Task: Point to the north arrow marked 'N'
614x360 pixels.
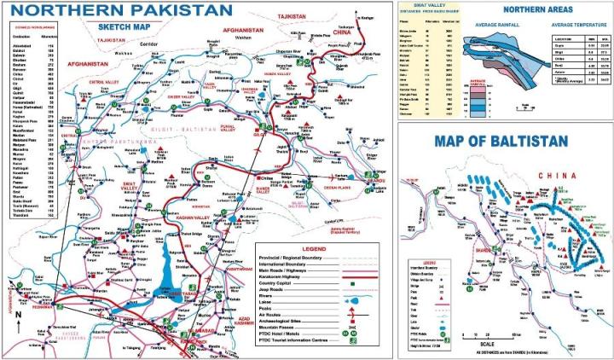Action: pos(19,315)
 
